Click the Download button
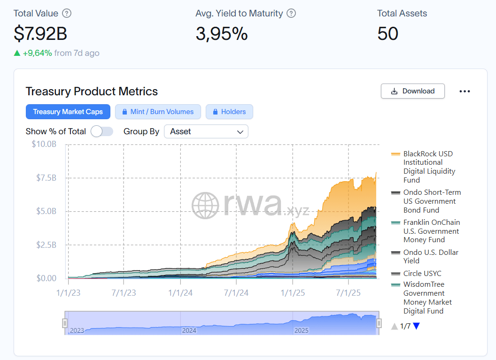(412, 91)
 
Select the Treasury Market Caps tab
(68, 112)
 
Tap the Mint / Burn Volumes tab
(158, 112)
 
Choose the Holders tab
(229, 112)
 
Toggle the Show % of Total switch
(102, 131)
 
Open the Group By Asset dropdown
(206, 131)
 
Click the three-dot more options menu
(465, 92)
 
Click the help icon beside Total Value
(67, 13)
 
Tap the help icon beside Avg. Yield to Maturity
(291, 13)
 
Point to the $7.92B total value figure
(40, 33)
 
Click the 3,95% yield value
(221, 33)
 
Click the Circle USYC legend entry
(422, 274)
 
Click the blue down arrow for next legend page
(416, 326)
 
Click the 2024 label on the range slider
(189, 330)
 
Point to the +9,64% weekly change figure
(37, 53)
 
